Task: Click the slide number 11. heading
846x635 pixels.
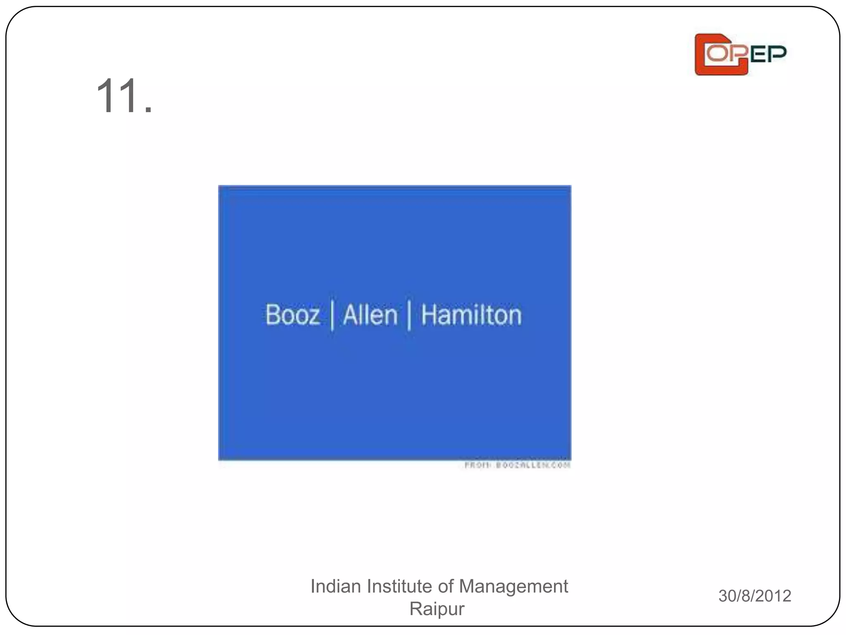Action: click(124, 96)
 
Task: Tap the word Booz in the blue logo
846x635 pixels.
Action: click(292, 315)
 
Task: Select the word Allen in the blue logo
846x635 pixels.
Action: click(370, 315)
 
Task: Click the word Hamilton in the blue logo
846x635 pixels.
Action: click(471, 315)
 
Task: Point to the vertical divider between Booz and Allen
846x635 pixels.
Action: click(332, 316)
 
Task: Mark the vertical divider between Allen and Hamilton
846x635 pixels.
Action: click(409, 316)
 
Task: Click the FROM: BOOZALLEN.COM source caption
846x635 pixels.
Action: click(517, 465)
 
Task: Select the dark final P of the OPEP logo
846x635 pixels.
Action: click(778, 54)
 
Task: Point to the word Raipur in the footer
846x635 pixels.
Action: click(437, 609)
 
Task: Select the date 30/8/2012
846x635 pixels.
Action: click(755, 596)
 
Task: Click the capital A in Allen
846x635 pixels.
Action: click(350, 315)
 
